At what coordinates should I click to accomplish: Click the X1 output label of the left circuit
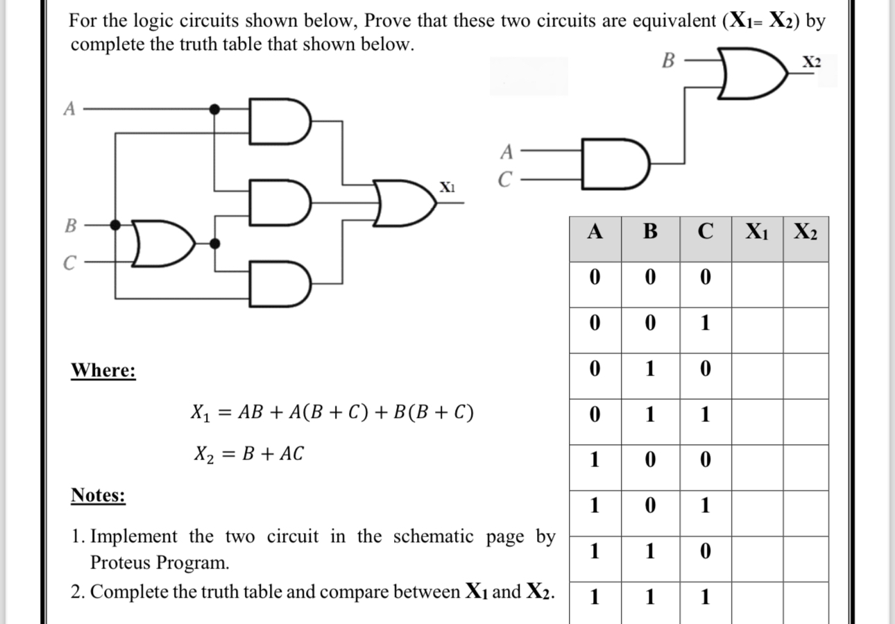(447, 187)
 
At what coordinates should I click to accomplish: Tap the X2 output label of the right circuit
(811, 62)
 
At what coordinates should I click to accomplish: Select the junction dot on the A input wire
(215, 109)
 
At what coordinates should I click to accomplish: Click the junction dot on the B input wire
(117, 224)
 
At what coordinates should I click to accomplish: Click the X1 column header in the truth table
(757, 231)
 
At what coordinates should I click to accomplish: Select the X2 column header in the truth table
(805, 231)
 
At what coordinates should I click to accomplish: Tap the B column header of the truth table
(649, 231)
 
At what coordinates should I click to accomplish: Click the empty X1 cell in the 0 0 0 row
(757, 278)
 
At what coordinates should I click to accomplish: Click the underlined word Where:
(103, 371)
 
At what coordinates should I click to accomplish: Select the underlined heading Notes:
(98, 496)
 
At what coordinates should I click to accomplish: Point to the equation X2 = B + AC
(248, 455)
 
